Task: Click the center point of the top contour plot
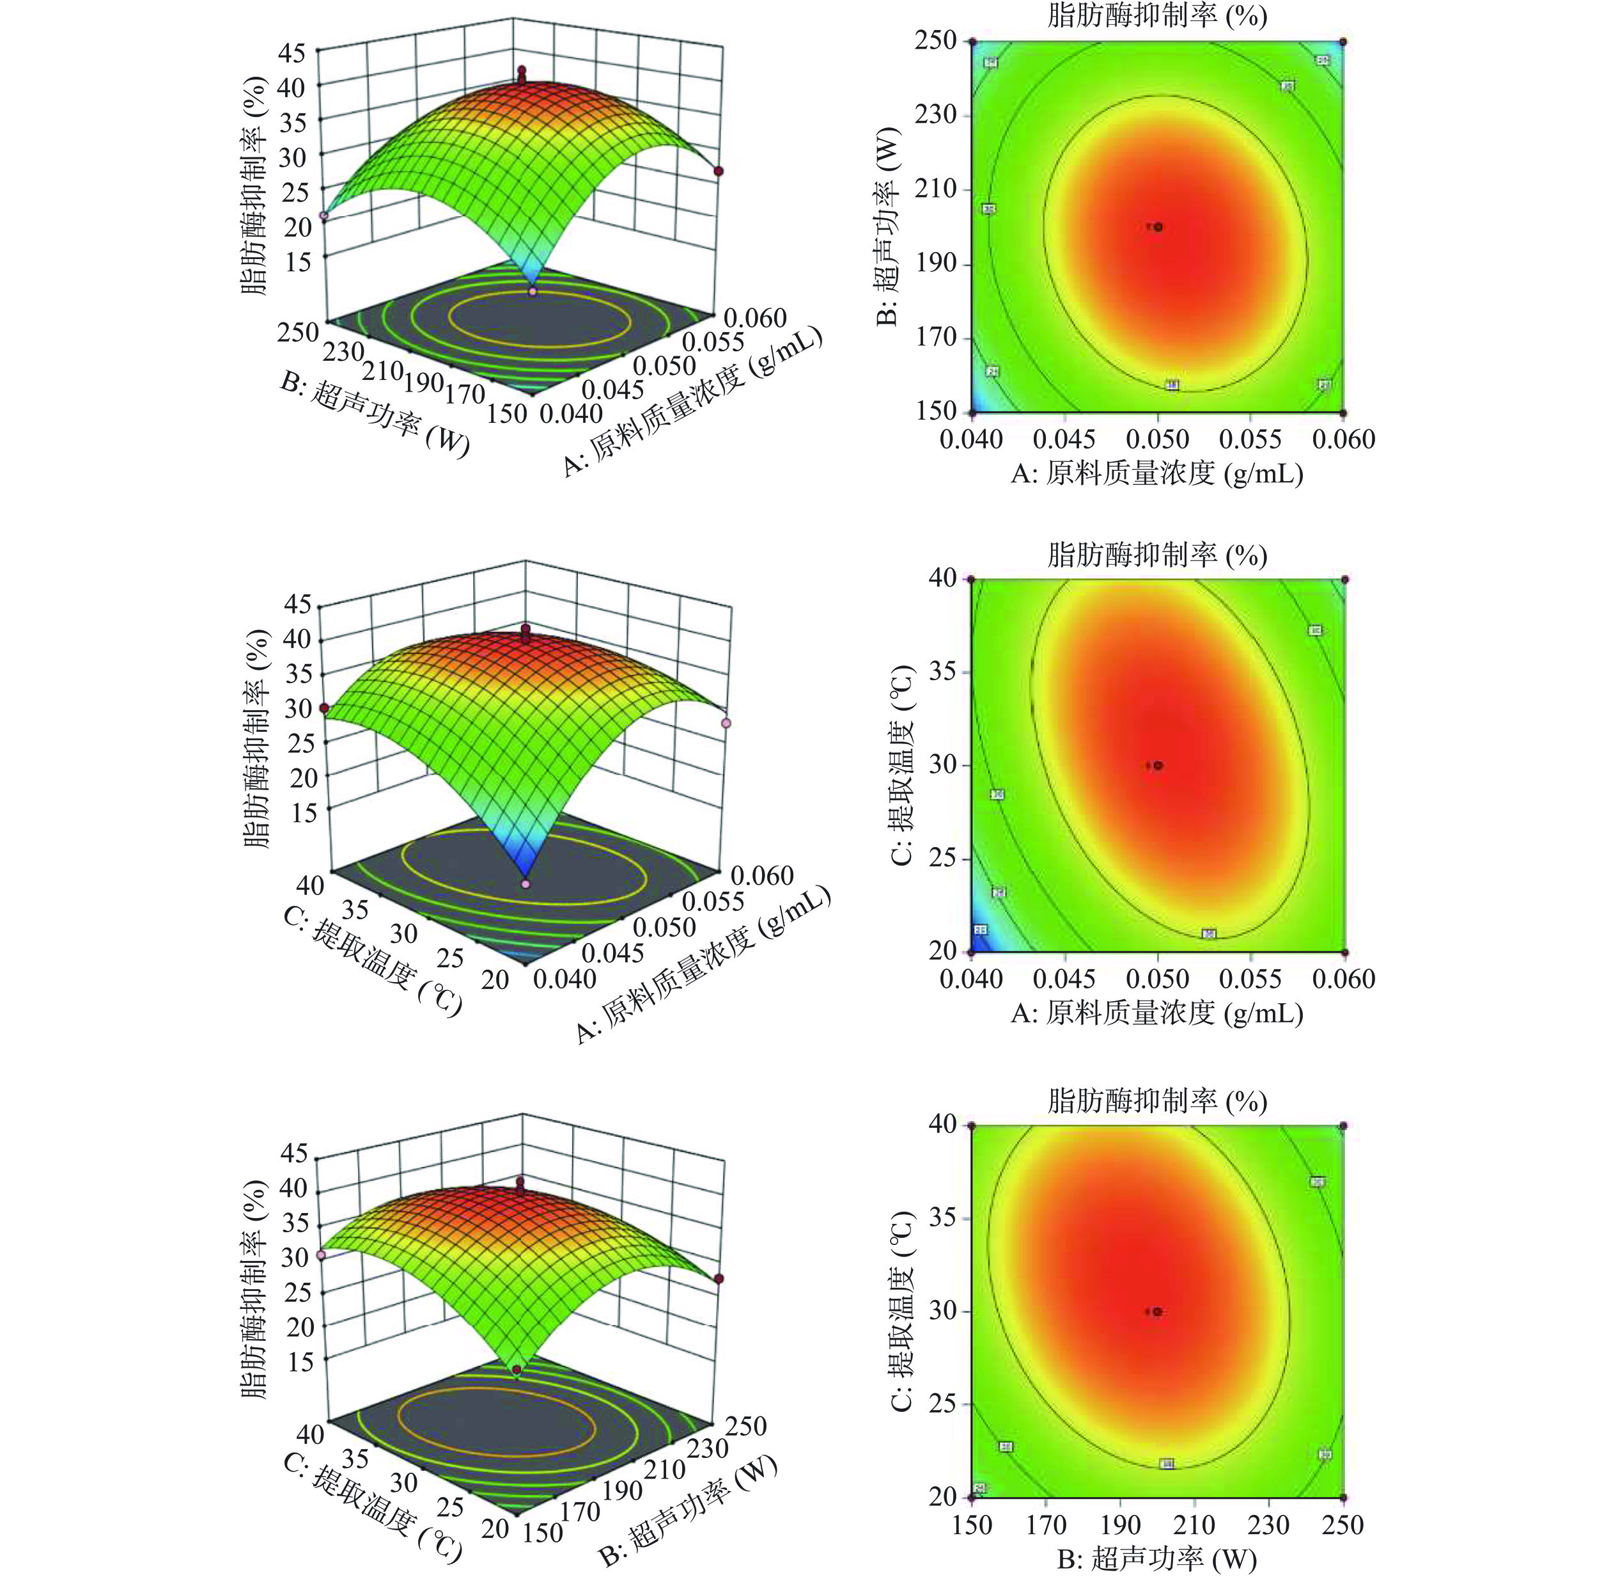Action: [x=1158, y=226]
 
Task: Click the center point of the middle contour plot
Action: [x=1158, y=765]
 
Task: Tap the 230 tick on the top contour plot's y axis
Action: [x=937, y=115]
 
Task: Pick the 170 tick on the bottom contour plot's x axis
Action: [x=1047, y=1524]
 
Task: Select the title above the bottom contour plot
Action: [x=1157, y=1101]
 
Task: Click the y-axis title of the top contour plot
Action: [x=888, y=226]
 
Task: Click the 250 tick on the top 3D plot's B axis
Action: [x=298, y=332]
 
